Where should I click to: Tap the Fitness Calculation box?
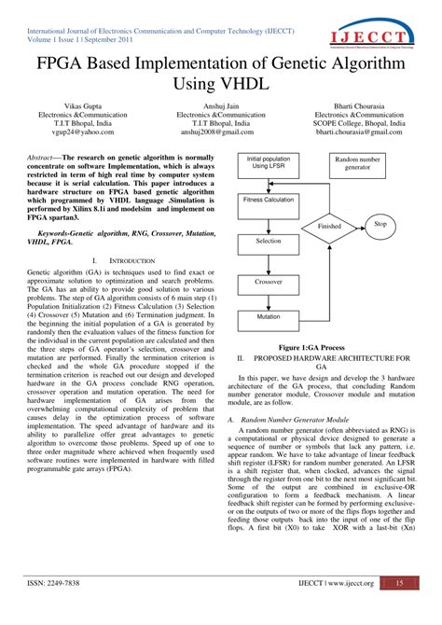tap(269, 201)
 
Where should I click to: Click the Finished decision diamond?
tap(329, 226)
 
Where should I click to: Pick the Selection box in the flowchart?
tap(269, 241)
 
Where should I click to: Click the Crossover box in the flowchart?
tap(269, 280)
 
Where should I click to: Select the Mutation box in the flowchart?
tap(269, 316)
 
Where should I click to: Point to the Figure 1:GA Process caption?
tap(322, 345)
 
